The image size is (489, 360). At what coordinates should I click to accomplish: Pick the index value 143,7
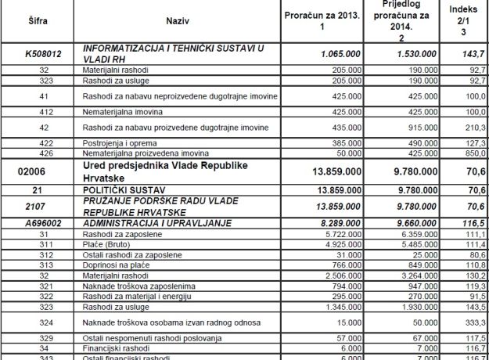(472, 56)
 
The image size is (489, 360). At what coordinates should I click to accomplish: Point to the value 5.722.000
(339, 233)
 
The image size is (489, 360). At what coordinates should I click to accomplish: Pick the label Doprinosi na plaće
(113, 265)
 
